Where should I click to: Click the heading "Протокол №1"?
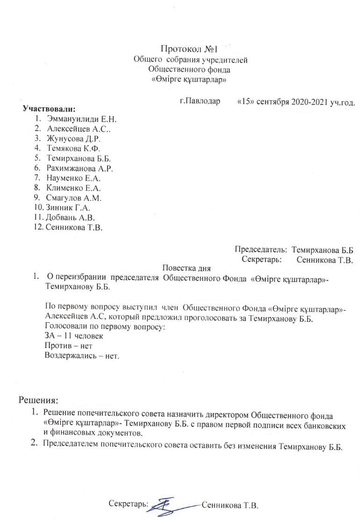(189, 49)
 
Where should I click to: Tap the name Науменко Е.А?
(74, 178)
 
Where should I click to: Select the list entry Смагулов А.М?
(74, 198)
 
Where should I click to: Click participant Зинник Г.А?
(67, 208)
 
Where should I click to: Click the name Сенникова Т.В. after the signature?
(230, 506)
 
